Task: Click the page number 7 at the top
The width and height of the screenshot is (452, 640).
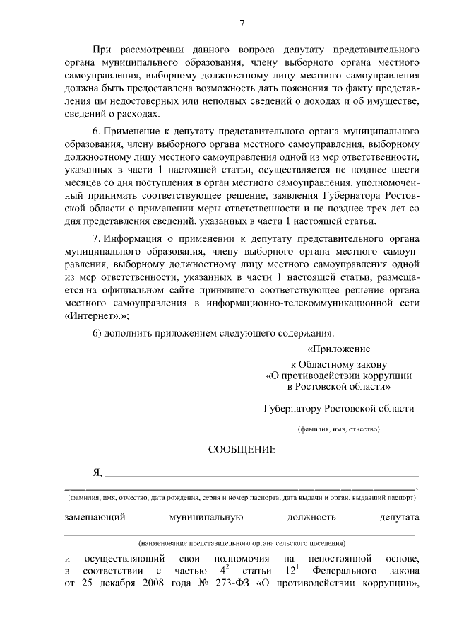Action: tap(242, 23)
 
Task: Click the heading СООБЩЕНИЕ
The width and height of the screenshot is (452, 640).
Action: tap(242, 449)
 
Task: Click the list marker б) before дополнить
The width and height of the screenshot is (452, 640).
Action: tap(97, 333)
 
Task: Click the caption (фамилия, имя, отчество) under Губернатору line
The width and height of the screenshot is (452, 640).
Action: tap(338, 429)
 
